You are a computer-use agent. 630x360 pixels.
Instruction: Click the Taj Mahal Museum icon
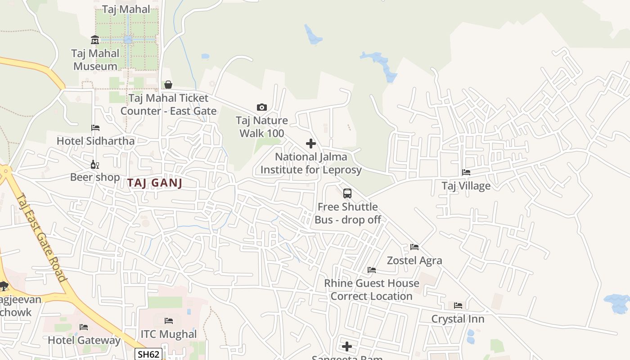[95, 40]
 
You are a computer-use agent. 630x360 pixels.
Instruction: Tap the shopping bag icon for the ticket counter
[168, 84]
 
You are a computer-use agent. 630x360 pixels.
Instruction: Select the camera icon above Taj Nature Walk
[261, 107]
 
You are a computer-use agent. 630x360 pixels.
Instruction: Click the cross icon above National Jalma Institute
[310, 144]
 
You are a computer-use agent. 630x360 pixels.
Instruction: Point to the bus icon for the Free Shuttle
[347, 193]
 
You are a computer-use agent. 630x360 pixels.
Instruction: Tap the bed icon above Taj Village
[466, 172]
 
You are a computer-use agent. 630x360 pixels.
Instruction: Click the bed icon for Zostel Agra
[414, 247]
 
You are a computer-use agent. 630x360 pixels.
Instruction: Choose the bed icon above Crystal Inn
[458, 306]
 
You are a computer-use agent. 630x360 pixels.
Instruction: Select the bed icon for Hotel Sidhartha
[95, 128]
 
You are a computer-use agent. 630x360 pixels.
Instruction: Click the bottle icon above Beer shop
[95, 164]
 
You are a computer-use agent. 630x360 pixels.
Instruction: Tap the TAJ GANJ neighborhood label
[154, 183]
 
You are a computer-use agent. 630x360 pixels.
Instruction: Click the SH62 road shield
[148, 354]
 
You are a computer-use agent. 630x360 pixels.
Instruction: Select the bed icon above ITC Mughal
[169, 321]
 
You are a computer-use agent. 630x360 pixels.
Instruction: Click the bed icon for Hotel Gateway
[84, 327]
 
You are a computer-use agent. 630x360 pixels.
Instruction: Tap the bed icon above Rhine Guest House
[372, 270]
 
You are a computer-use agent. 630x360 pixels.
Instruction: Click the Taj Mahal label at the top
[126, 9]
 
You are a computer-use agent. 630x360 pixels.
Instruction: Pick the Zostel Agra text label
[414, 261]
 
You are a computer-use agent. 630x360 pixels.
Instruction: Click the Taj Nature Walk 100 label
[262, 127]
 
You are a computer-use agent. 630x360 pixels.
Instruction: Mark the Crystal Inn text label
[458, 319]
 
